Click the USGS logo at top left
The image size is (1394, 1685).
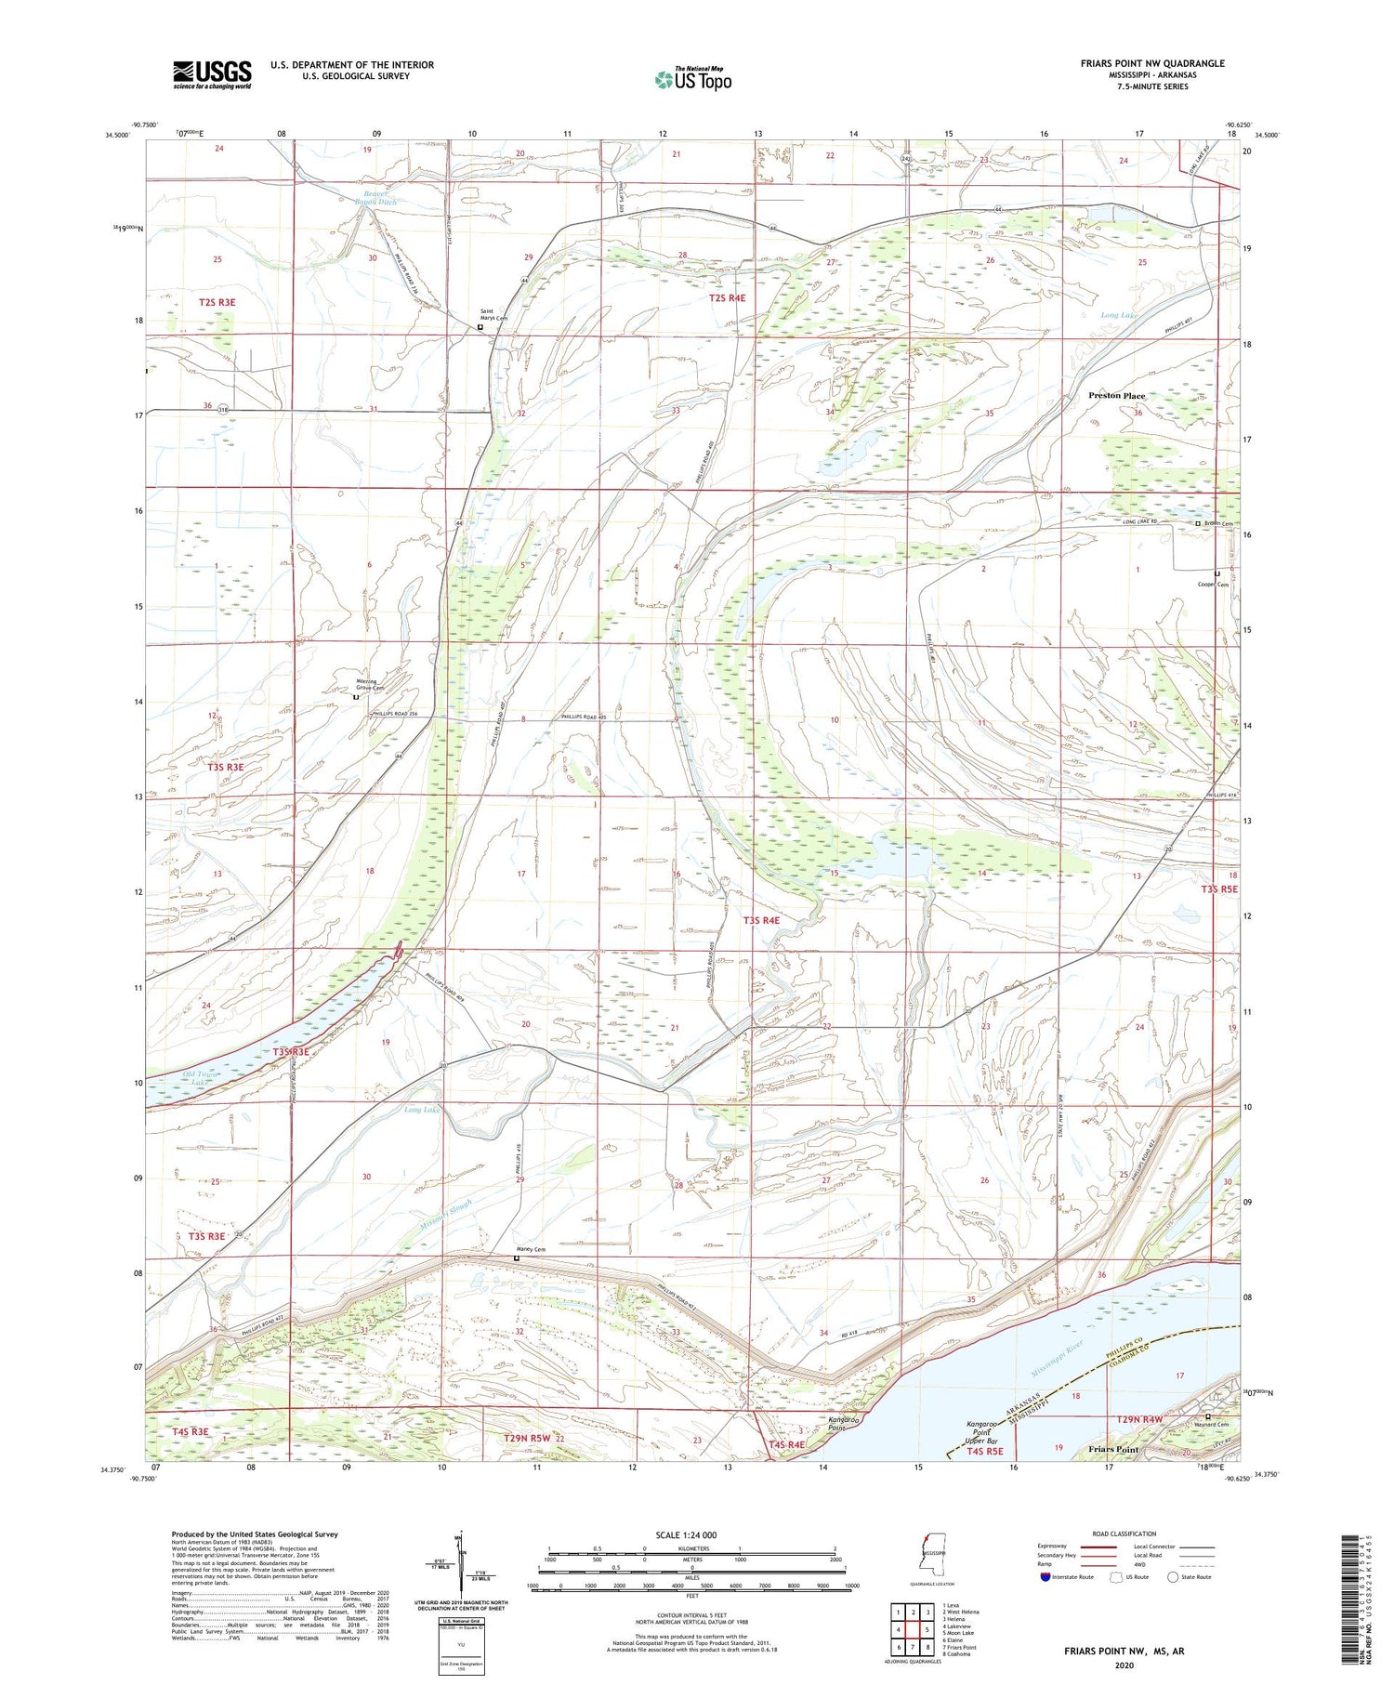click(x=212, y=74)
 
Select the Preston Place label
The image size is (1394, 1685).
click(x=1116, y=396)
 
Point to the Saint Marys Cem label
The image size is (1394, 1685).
click(x=493, y=315)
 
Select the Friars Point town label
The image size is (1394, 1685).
click(x=1112, y=1450)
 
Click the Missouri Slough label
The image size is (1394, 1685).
click(x=445, y=1215)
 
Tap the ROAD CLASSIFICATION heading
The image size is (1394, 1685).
click(x=1124, y=1534)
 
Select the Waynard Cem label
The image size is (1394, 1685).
click(x=1212, y=1425)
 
